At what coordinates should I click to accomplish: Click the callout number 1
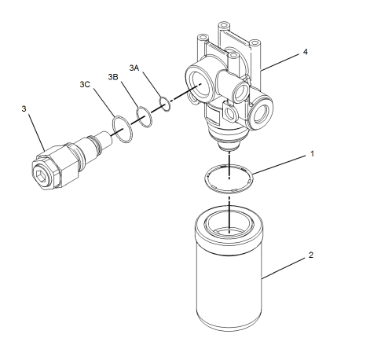click(x=311, y=154)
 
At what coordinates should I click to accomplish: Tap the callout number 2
click(x=311, y=255)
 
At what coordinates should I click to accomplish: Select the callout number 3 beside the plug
click(x=24, y=107)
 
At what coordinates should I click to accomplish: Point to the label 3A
click(x=134, y=69)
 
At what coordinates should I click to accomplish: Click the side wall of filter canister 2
click(x=228, y=291)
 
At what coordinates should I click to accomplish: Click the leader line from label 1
click(x=279, y=163)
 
